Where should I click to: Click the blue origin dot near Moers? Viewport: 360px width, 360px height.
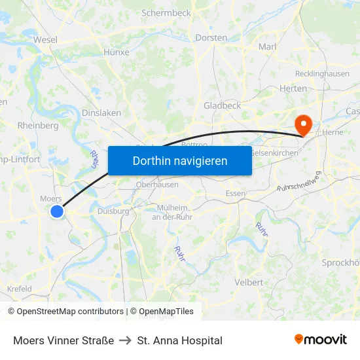pos(57,211)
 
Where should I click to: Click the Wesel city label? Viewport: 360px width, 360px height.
pos(45,39)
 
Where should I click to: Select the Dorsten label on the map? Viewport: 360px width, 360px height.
pos(211,38)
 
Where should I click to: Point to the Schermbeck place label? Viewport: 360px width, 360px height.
pos(166,12)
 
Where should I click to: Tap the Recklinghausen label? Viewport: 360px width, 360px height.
pos(322,74)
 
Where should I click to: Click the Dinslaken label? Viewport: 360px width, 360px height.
pos(101,113)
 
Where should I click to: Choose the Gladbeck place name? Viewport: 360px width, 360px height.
pos(222,105)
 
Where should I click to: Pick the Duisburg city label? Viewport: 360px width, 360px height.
pos(113,211)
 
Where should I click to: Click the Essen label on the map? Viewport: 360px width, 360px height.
pos(235,194)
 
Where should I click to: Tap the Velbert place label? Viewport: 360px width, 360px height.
pos(249,282)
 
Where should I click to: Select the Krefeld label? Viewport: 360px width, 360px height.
pos(19,289)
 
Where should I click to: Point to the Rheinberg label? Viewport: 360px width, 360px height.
pos(39,126)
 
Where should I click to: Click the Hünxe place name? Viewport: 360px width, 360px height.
pos(117,52)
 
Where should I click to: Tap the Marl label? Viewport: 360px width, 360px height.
pos(268,46)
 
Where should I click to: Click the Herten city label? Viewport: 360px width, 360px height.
pos(293,88)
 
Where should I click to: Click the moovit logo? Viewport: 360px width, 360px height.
pos(321,340)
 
